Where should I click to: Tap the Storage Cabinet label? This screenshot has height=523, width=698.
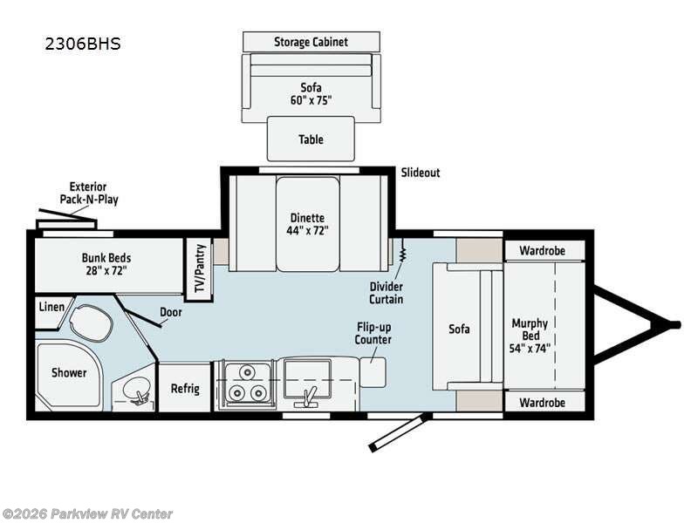[311, 42]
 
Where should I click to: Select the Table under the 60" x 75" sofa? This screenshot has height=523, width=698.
[311, 139]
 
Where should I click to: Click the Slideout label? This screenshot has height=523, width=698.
[421, 173]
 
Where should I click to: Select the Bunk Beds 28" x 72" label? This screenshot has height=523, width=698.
[106, 264]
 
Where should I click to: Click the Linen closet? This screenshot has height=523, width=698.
[49, 307]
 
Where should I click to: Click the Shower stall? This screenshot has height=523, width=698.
[68, 372]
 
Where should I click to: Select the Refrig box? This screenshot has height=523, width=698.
[185, 388]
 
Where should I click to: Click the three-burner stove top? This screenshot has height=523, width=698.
[245, 384]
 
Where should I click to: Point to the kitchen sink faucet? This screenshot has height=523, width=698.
[307, 397]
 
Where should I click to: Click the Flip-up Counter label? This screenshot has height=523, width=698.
[373, 333]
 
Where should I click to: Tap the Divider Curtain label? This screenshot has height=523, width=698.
[386, 291]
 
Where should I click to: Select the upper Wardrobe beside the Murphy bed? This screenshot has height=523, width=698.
[542, 250]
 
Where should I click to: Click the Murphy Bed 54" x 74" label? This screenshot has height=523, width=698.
[530, 336]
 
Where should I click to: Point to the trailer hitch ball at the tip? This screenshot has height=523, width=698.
[674, 325]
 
